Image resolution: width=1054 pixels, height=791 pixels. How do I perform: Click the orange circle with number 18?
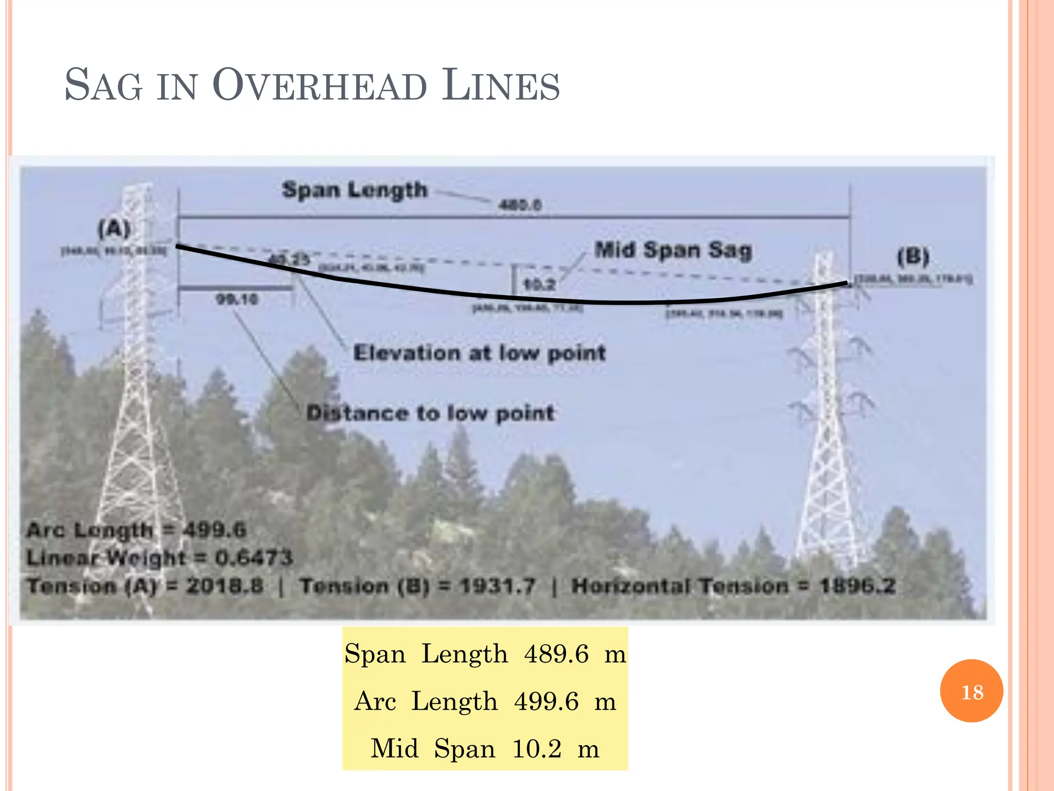[971, 691]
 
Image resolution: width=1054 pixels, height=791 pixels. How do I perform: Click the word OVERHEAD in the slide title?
[320, 85]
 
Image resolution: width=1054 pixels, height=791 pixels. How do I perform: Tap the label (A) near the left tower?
[114, 228]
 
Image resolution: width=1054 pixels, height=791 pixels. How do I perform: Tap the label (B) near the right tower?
[913, 256]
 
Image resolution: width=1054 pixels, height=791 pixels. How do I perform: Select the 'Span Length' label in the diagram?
[355, 190]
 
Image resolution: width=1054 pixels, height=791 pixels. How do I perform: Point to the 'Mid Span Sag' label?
[673, 250]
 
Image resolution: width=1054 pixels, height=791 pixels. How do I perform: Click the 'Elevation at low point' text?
[479, 353]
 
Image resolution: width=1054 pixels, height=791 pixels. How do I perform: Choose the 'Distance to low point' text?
[430, 413]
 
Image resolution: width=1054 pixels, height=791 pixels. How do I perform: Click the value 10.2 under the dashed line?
[539, 284]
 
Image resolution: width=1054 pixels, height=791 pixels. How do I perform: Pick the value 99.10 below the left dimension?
[237, 299]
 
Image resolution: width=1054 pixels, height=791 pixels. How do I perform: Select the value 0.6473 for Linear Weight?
[254, 558]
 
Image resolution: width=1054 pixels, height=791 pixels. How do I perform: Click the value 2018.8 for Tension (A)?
[224, 586]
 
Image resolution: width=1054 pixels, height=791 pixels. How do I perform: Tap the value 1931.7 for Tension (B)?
[498, 586]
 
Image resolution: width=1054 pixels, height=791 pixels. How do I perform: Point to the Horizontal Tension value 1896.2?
[857, 586]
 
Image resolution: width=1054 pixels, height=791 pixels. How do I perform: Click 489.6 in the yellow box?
[556, 654]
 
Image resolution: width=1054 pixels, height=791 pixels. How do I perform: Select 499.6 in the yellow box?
[546, 701]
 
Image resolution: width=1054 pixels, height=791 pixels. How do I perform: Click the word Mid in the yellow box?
[394, 748]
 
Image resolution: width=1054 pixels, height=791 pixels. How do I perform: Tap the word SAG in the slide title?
[103, 85]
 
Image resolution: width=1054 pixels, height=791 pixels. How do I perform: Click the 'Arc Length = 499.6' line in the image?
[136, 530]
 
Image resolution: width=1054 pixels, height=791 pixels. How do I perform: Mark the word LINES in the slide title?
[501, 85]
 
